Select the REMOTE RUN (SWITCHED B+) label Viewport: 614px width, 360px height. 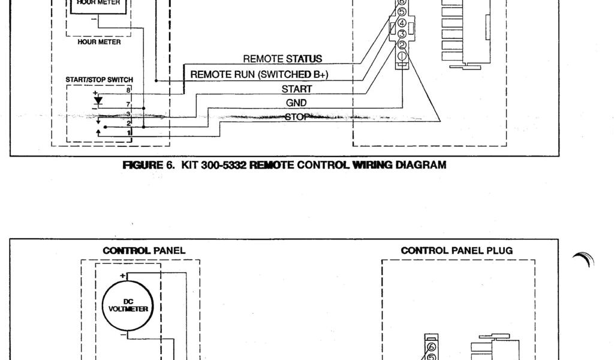click(x=259, y=74)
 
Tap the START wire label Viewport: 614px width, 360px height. click(x=296, y=89)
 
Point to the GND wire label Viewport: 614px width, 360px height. click(x=296, y=103)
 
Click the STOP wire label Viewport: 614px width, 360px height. click(x=296, y=116)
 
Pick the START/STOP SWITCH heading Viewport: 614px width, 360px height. click(x=100, y=80)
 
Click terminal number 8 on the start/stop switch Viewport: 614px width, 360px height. click(x=128, y=89)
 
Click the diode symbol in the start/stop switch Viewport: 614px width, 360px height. click(x=99, y=99)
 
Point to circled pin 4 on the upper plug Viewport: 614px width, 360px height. click(x=402, y=23)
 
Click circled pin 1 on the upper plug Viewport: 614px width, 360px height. click(x=402, y=56)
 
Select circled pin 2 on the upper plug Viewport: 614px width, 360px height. click(x=402, y=44)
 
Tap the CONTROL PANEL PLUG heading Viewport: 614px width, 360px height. click(x=456, y=251)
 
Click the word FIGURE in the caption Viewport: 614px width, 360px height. click(x=142, y=165)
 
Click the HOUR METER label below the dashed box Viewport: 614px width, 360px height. click(x=100, y=43)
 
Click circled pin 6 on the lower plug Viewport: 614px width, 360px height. click(x=431, y=346)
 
